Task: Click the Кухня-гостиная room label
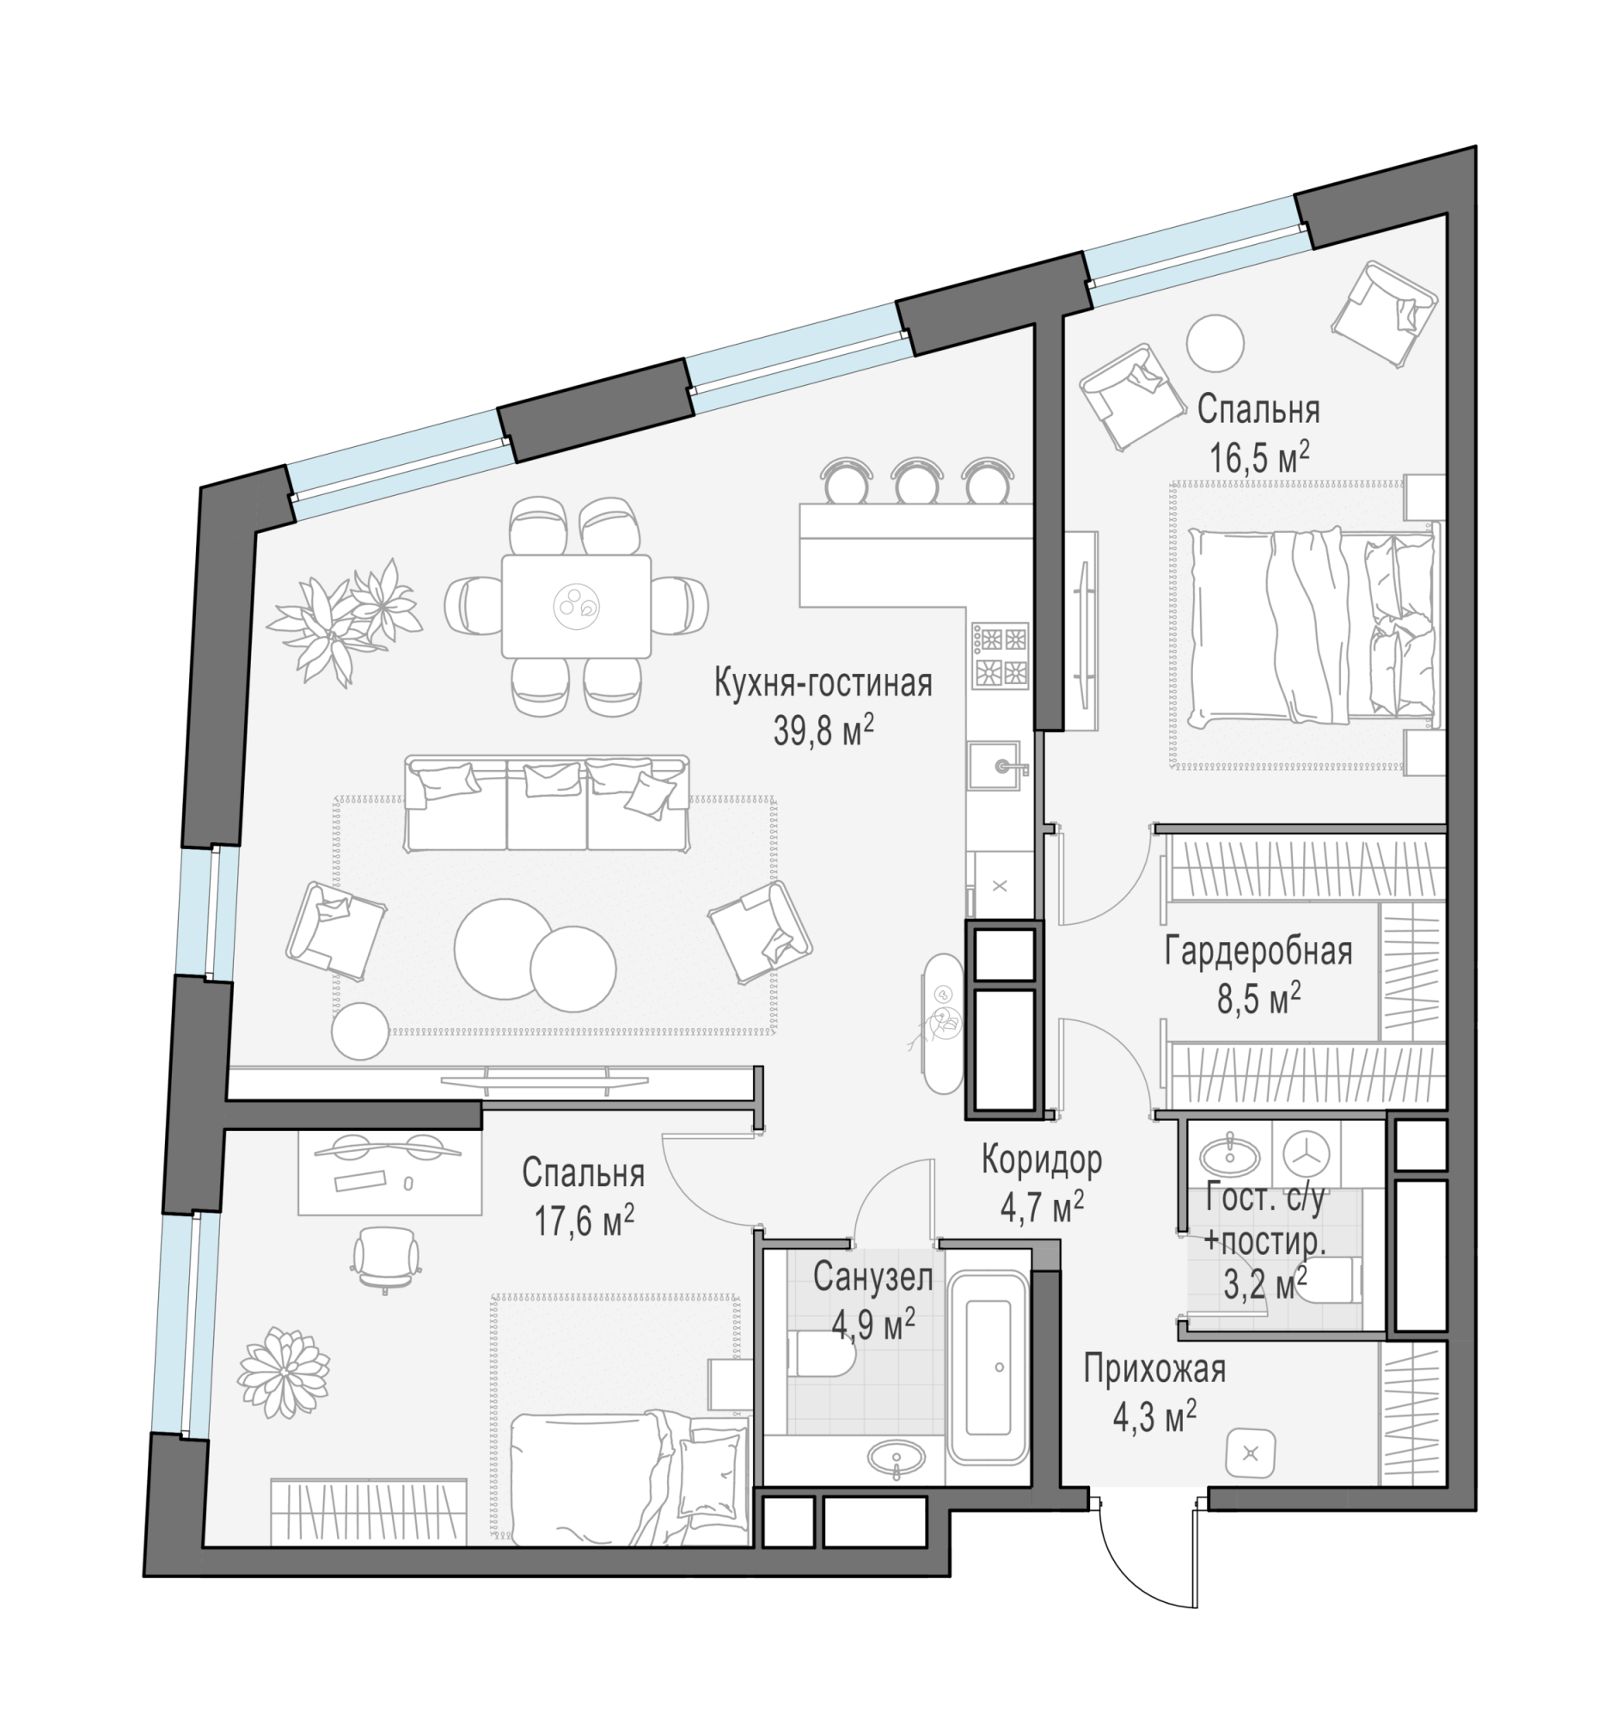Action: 823,683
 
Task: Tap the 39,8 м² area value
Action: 823,732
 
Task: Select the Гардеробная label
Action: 1258,951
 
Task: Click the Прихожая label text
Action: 1154,1369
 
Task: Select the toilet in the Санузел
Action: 822,1364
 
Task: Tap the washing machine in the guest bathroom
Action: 1305,1153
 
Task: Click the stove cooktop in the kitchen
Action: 1001,656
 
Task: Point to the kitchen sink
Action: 995,765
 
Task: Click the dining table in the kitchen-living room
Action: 576,606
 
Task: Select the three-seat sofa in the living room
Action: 548,803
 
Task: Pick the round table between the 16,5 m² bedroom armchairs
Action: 1215,343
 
